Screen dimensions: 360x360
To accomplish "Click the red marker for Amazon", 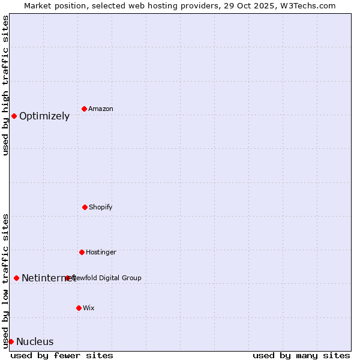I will tap(84, 109).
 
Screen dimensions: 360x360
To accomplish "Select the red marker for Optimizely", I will tap(14, 116).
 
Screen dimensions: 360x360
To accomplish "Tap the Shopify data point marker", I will tap(85, 207).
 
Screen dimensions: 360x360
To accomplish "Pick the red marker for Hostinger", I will tap(82, 252).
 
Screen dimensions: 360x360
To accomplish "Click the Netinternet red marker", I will tap(16, 278).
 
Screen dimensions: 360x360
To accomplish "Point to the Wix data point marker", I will tap(79, 308).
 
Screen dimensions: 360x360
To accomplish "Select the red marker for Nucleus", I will tap(11, 341).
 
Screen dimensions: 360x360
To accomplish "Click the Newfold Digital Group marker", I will tap(68, 278).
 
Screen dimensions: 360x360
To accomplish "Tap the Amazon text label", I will tap(101, 109).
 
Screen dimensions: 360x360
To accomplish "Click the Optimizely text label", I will tap(44, 116).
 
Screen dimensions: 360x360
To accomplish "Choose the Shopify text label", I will tap(101, 207).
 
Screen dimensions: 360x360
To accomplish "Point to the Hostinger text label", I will tap(101, 252).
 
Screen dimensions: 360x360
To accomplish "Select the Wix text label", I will tap(89, 308).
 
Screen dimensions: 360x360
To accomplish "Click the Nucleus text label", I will tap(35, 342).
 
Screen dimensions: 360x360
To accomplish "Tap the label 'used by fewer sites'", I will tap(62, 355).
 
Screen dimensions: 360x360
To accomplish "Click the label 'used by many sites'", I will tap(301, 355).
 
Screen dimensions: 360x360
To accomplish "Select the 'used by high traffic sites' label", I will tap(5, 85).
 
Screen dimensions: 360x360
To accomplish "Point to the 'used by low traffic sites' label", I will tap(5, 281).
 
